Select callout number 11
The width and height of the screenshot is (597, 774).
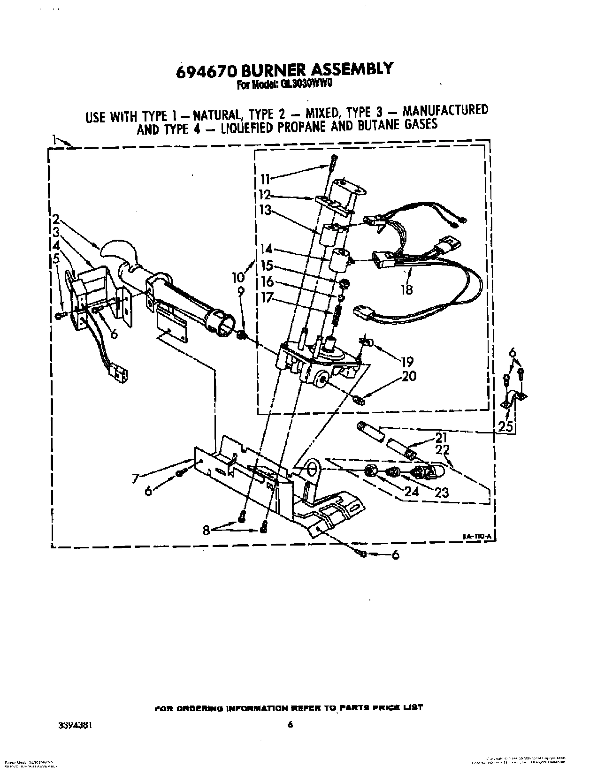pos(266,178)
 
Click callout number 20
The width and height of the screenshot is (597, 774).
pos(408,376)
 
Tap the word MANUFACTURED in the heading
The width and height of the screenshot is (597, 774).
pos(445,110)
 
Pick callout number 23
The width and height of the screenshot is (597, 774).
pos(442,492)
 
